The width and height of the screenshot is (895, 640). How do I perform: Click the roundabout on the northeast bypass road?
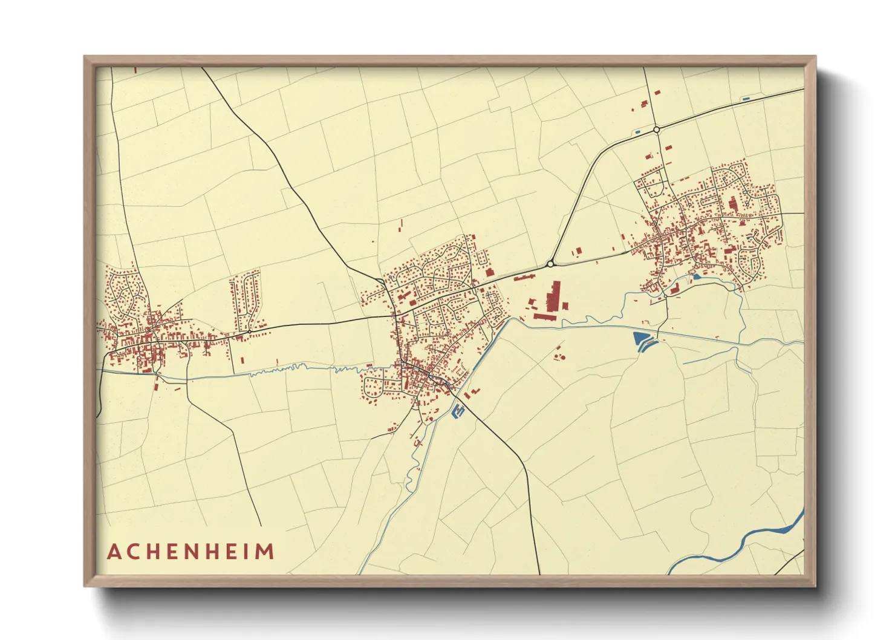656,129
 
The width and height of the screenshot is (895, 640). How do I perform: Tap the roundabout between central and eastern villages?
550,264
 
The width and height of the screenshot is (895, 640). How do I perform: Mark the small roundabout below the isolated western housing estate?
249,331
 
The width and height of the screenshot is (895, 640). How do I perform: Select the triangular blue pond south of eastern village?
640,341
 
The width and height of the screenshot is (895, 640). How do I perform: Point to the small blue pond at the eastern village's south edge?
697,276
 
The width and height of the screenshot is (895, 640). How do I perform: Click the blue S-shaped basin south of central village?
458,411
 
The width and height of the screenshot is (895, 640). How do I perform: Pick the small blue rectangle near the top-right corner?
746,98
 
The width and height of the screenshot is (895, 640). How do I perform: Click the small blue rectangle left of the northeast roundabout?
637,131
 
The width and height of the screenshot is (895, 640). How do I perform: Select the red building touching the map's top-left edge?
135,70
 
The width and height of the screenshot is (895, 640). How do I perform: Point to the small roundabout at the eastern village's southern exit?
665,296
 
